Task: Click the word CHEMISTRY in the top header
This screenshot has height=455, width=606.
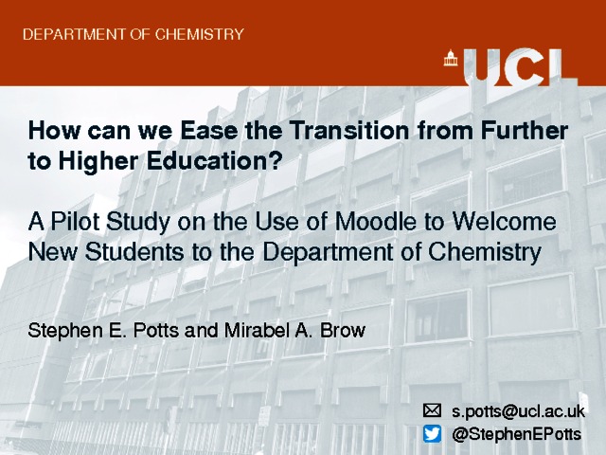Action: click(x=200, y=34)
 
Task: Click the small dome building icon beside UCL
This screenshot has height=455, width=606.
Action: click(x=451, y=58)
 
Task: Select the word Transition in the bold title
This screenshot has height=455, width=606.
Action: click(x=349, y=131)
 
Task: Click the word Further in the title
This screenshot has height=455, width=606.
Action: click(x=524, y=131)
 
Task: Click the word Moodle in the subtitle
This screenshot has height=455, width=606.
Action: click(x=375, y=221)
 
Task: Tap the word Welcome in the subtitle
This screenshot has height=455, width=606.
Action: click(x=505, y=221)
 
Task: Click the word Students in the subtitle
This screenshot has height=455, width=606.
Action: click(x=134, y=252)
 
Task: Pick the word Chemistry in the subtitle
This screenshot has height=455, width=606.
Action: click(x=485, y=253)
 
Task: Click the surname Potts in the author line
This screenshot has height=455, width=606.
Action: click(x=155, y=331)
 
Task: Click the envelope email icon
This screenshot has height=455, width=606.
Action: click(x=432, y=410)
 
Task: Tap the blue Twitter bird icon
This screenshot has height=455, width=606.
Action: click(x=432, y=434)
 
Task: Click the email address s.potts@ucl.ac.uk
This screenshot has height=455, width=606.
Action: click(x=518, y=410)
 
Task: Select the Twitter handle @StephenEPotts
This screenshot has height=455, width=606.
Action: click(x=516, y=434)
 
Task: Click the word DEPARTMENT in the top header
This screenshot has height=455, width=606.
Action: click(x=74, y=34)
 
